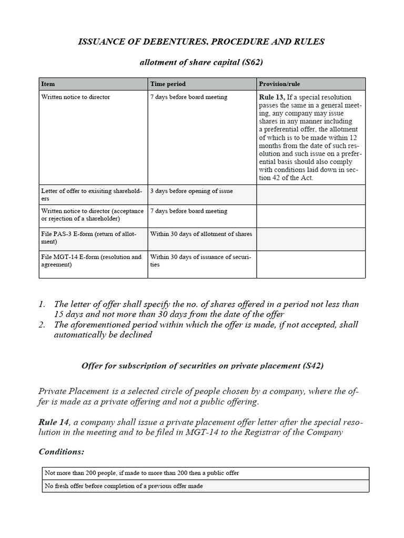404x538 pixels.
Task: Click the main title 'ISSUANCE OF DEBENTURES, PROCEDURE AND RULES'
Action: coord(201,42)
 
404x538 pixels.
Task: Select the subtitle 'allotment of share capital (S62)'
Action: coord(201,63)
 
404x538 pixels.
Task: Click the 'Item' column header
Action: coord(48,84)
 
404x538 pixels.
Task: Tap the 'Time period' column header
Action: coord(168,84)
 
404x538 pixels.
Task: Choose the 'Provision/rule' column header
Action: coord(280,84)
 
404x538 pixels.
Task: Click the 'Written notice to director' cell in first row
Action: coord(76,97)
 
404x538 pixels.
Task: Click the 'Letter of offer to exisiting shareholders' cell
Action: coord(92,194)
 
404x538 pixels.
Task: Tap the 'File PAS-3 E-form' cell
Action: coord(92,238)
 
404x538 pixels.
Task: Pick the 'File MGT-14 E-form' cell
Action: coord(92,261)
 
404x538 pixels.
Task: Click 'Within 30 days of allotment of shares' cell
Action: coord(201,234)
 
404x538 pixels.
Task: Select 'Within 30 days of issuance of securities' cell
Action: coord(201,261)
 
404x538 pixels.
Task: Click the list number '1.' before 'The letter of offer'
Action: coord(43,304)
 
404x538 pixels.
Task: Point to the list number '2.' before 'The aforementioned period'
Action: coord(43,325)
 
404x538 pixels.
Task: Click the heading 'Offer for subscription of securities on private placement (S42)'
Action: coord(201,366)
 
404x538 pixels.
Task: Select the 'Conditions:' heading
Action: coord(62,452)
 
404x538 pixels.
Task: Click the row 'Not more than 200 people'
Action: coord(142,473)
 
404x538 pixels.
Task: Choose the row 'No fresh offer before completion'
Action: coord(124,486)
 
